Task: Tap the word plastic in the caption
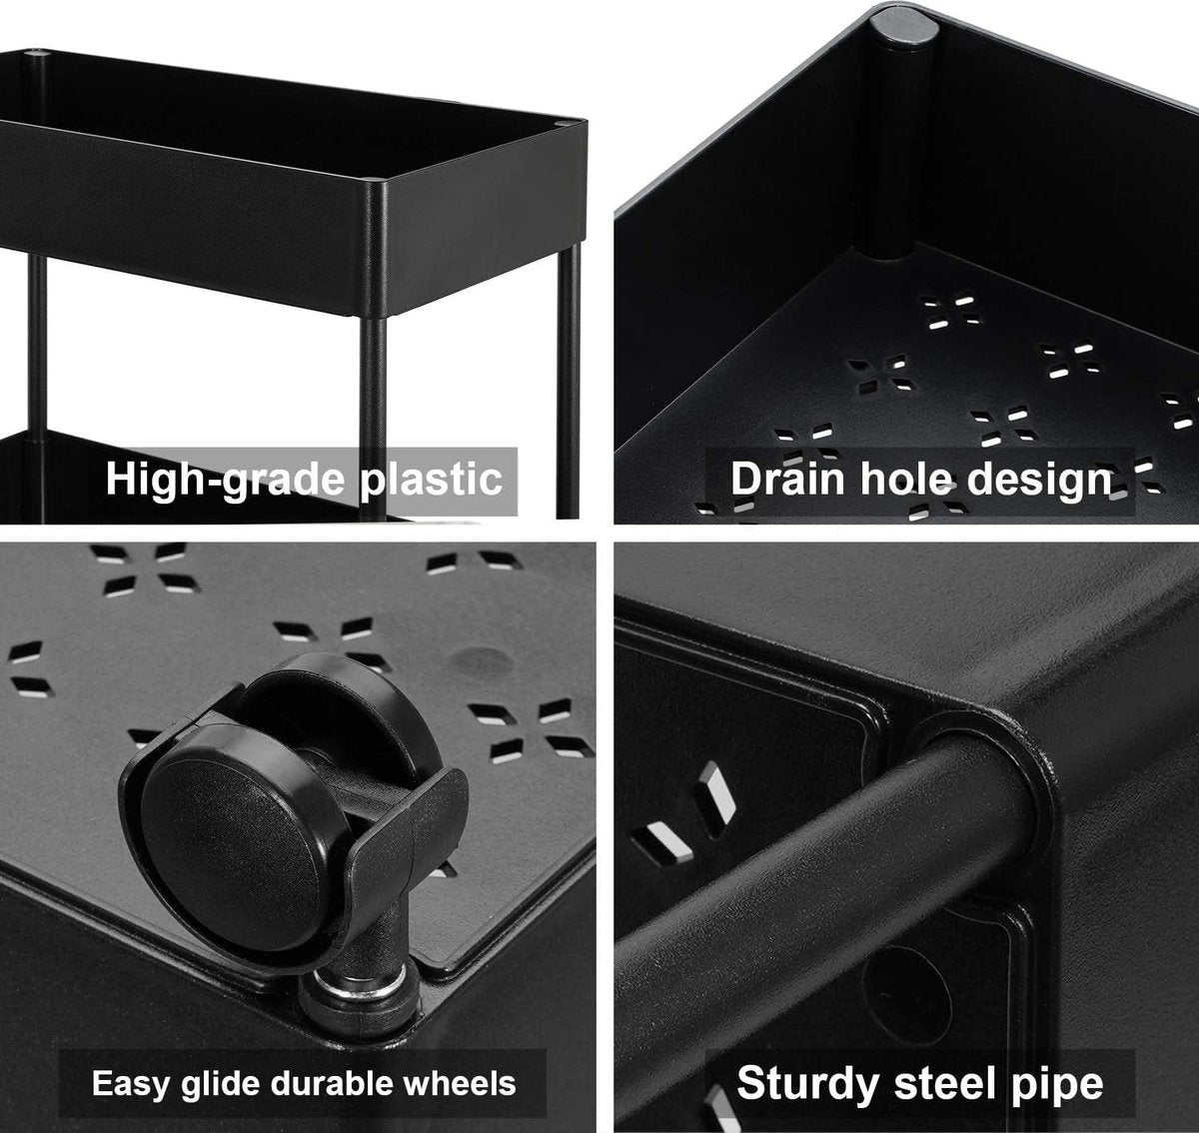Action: click(x=431, y=481)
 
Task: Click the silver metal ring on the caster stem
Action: click(x=359, y=989)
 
